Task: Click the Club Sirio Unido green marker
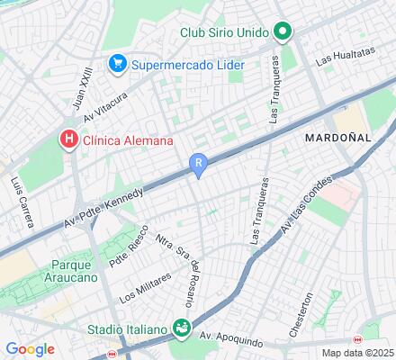click(283, 32)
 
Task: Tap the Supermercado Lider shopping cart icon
click(117, 64)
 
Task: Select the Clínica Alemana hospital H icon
click(67, 139)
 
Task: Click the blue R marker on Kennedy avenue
click(199, 163)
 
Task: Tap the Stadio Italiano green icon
click(182, 327)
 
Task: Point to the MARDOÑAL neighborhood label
click(337, 139)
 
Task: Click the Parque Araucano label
click(49, 274)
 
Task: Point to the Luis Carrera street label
click(16, 199)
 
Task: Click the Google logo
click(30, 349)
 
